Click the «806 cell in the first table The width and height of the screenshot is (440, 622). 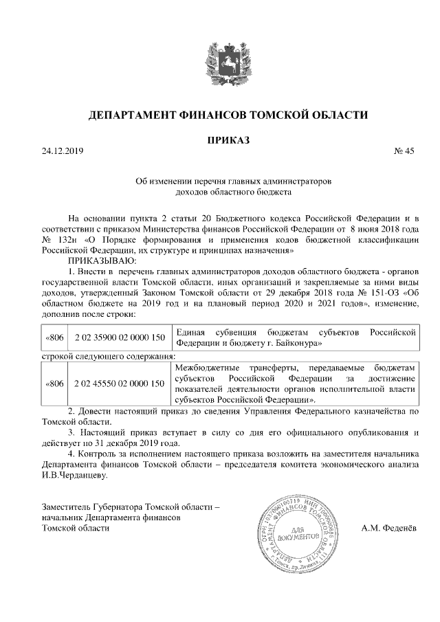point(54,337)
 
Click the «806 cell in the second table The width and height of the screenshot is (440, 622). point(54,383)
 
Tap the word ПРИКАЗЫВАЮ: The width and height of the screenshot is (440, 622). point(103,261)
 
